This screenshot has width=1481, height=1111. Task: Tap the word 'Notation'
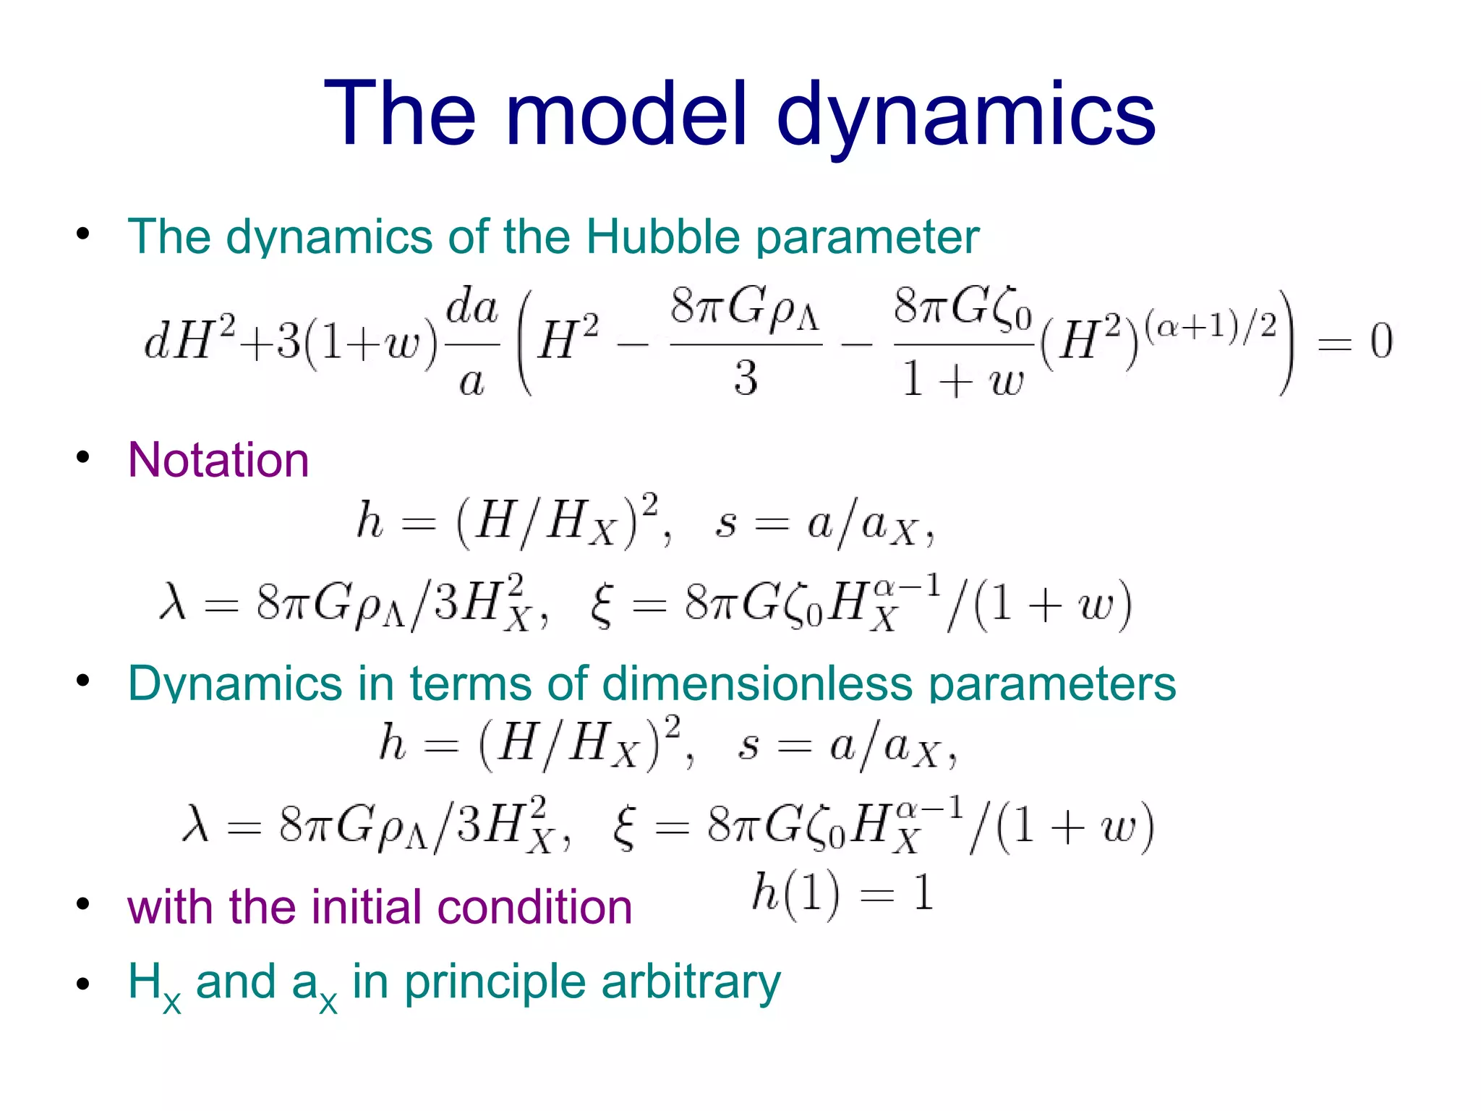[218, 460]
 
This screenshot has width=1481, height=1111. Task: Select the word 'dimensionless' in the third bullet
[756, 683]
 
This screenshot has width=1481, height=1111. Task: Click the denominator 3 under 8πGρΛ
[746, 378]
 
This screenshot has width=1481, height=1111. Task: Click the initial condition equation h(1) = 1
[842, 894]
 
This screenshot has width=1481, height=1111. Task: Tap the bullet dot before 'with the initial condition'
[83, 905]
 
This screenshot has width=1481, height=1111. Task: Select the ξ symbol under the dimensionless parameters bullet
[623, 827]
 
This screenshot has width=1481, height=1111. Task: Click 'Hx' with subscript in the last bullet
[153, 985]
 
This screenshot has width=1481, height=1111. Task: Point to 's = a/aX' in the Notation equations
[824, 524]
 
